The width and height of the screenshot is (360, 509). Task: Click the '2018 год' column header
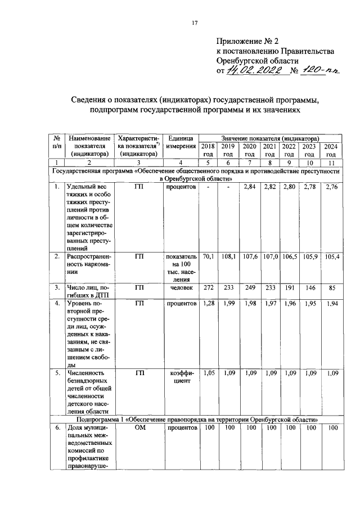[x=208, y=150]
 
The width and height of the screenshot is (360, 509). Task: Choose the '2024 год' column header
[x=331, y=150]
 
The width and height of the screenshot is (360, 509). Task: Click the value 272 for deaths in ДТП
[x=208, y=287]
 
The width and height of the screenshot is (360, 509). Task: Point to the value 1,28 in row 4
[x=208, y=304]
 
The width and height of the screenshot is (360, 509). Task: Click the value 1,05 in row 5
[x=208, y=372]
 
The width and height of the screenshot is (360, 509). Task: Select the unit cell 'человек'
[x=181, y=287]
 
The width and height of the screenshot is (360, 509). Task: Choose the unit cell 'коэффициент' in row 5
[x=181, y=376]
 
